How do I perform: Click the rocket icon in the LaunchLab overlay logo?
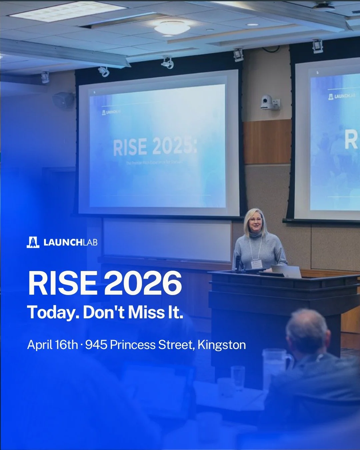pos(33,242)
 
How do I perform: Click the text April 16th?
pos(52,345)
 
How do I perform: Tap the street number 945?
pos(96,345)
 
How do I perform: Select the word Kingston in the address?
pos(222,345)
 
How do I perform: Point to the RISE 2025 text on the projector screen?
pos(155,147)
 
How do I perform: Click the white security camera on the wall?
pos(268,102)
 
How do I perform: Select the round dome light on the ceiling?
pos(172,28)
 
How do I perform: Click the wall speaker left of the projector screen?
pos(63,100)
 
